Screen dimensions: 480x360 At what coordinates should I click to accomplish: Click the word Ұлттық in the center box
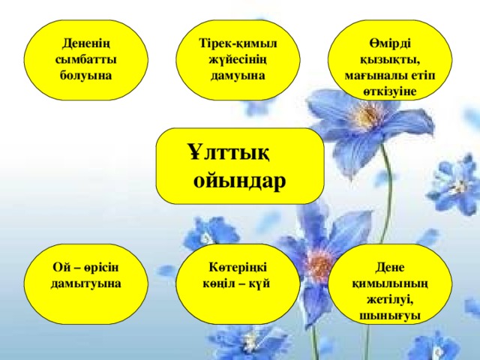pyautogui.click(x=229, y=153)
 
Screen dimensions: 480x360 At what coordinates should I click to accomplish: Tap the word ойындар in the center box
pyautogui.click(x=240, y=181)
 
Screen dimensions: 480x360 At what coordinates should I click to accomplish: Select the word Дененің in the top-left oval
pyautogui.click(x=86, y=43)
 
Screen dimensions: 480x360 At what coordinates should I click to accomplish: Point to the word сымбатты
pyautogui.click(x=86, y=59)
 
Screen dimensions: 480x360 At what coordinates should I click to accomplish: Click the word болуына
pyautogui.click(x=86, y=76)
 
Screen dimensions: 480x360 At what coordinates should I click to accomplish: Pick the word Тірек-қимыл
pyautogui.click(x=238, y=43)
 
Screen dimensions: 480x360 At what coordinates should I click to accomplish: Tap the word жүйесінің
pyautogui.click(x=238, y=60)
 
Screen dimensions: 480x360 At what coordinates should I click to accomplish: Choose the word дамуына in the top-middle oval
pyautogui.click(x=238, y=76)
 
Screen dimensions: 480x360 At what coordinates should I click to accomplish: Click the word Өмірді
pyautogui.click(x=390, y=43)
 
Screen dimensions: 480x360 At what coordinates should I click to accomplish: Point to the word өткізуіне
pyautogui.click(x=390, y=91)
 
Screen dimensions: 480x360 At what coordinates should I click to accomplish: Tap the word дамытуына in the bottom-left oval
pyautogui.click(x=86, y=283)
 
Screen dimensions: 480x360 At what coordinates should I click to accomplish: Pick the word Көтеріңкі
pyautogui.click(x=238, y=268)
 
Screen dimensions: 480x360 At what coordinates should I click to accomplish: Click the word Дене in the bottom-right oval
pyautogui.click(x=390, y=268)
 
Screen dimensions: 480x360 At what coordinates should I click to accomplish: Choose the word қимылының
pyautogui.click(x=390, y=284)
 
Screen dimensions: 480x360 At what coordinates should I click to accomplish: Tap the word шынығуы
pyautogui.click(x=390, y=316)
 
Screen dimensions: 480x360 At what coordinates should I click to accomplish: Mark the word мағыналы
pyautogui.click(x=372, y=76)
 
